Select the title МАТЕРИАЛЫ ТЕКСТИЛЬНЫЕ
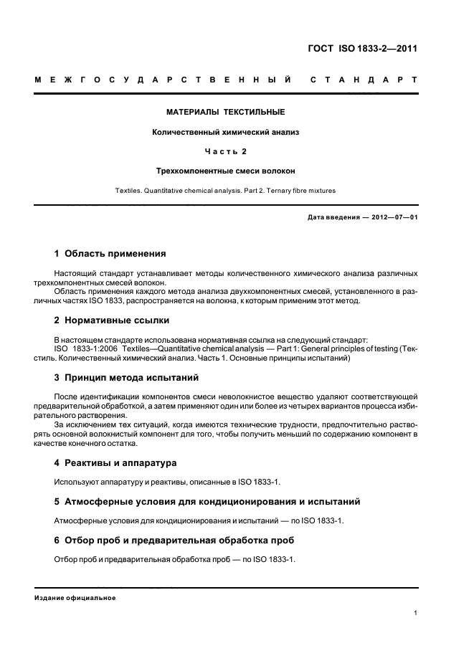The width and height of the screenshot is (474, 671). [226, 112]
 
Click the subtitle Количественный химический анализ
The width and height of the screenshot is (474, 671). [226, 132]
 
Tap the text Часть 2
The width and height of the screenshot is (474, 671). [226, 151]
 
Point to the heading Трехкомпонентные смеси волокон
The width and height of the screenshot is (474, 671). [226, 171]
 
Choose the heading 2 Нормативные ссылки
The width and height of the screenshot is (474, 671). [113, 320]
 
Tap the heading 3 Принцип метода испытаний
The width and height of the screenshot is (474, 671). [127, 377]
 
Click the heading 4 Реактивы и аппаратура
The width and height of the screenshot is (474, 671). [115, 462]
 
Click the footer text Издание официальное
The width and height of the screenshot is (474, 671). [75, 597]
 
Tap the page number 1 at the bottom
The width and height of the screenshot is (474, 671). [416, 612]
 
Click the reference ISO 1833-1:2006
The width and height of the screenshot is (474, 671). [85, 348]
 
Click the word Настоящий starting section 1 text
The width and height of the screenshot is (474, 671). [75, 274]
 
